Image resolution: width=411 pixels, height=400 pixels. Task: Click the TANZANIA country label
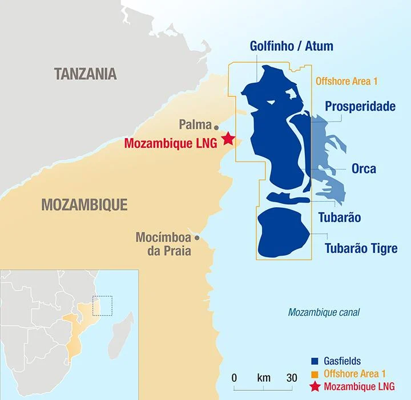(85, 74)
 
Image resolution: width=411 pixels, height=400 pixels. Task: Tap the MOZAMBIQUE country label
(84, 204)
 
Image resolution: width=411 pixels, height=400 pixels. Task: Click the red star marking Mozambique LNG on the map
(228, 138)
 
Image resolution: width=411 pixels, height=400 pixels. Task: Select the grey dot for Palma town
(216, 126)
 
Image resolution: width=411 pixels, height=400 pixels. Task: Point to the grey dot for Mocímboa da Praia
(197, 237)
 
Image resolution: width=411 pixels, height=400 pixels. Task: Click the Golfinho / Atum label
(291, 46)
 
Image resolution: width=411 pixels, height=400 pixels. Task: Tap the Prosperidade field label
(360, 106)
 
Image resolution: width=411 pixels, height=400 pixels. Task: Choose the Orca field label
(364, 169)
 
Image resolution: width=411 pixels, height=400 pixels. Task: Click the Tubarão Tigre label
(361, 248)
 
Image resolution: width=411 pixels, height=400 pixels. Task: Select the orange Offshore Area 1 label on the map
(346, 82)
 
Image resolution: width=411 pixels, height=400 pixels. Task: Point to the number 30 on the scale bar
(292, 378)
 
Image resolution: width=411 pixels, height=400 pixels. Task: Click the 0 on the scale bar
(235, 378)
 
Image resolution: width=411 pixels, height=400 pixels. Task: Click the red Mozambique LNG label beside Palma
(170, 143)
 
